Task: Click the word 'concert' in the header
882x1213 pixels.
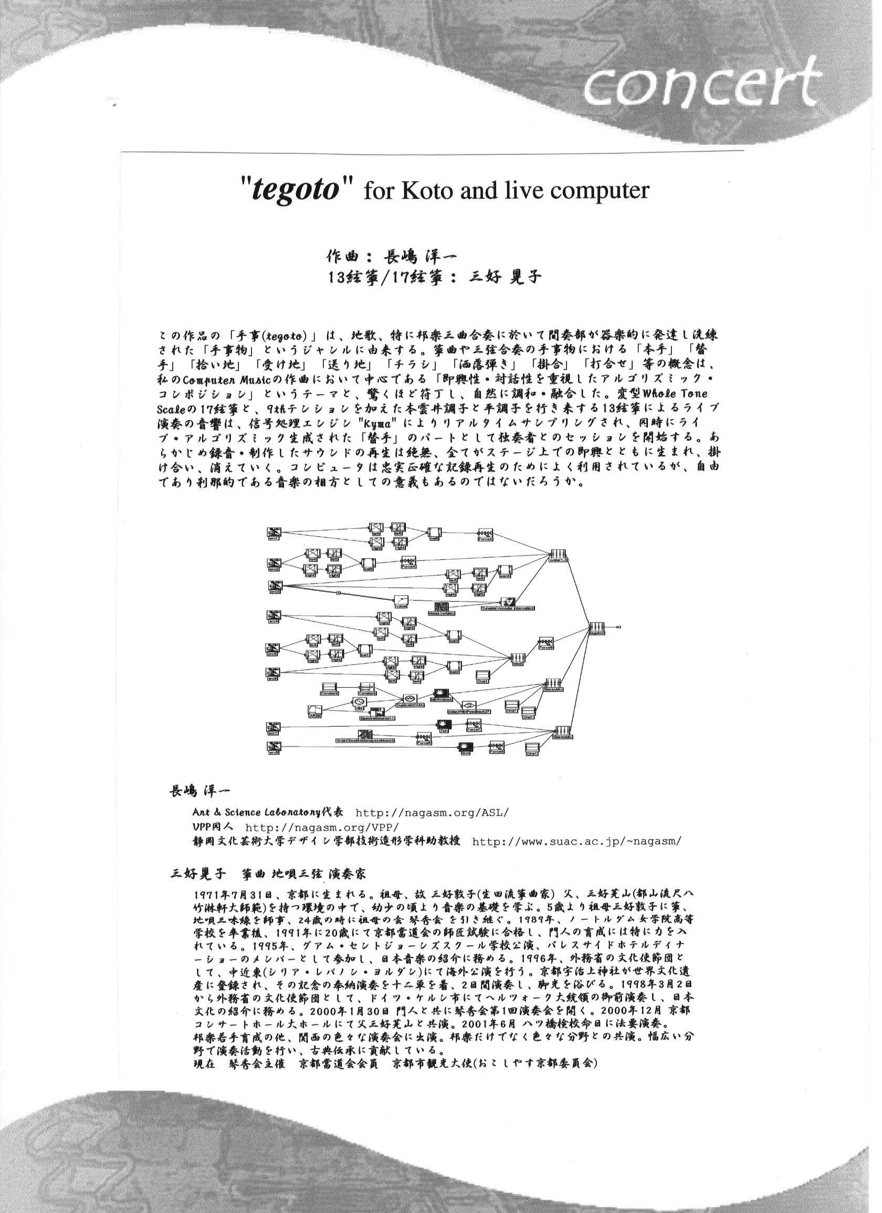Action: tap(700, 90)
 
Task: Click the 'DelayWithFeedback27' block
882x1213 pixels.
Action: tap(469, 706)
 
